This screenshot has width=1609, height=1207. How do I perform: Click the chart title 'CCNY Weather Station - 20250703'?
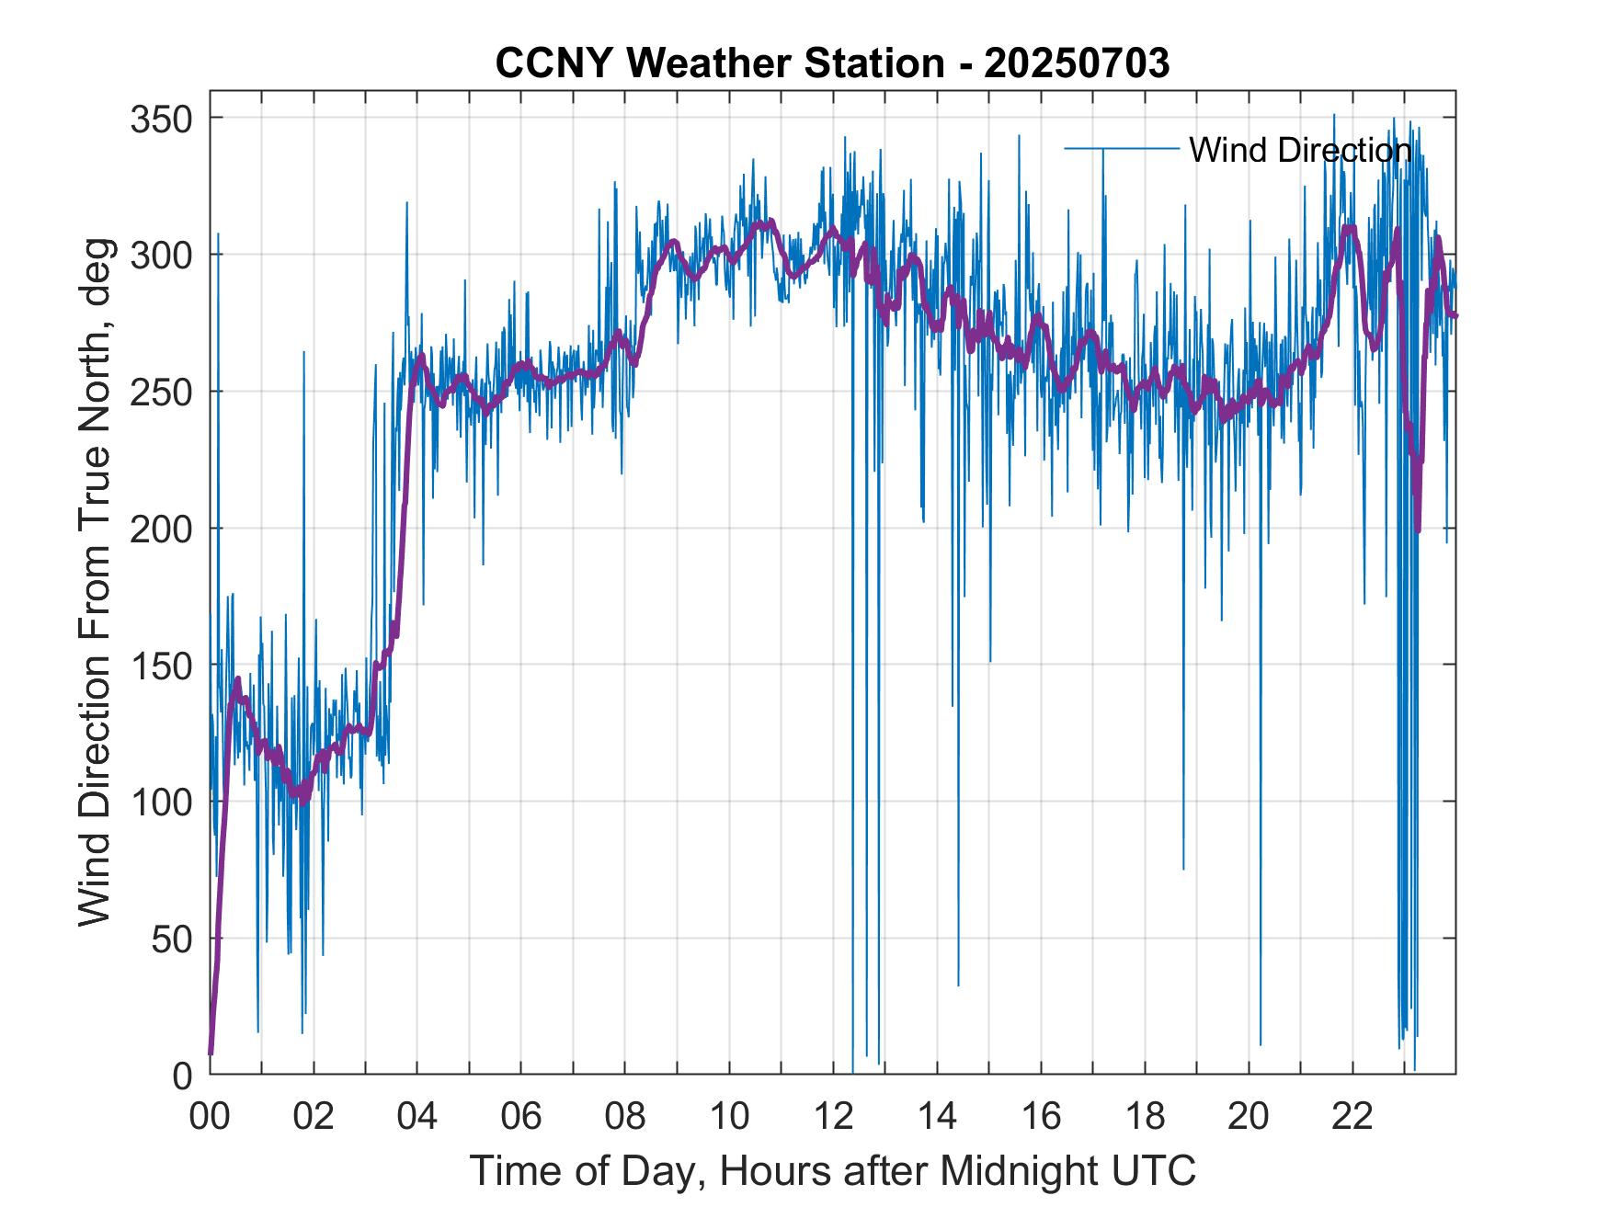832,63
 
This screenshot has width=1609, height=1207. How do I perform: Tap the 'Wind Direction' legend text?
1300,150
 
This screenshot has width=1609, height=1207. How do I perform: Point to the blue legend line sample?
1122,149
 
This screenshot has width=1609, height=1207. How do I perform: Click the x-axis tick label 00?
211,1116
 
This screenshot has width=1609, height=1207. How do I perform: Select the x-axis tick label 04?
417,1116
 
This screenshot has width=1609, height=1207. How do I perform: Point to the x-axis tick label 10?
730,1116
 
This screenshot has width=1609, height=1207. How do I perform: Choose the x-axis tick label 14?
938,1116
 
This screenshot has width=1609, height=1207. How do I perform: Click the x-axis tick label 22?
1353,1116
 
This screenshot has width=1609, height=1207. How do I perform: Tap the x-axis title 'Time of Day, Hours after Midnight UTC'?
833,1170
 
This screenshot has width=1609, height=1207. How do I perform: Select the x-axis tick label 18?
1146,1116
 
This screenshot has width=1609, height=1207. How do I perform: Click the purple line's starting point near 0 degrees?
211,1053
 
